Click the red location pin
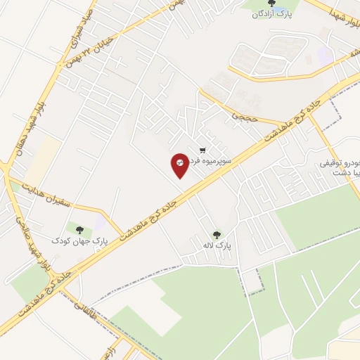click(180, 165)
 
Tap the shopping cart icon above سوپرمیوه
click(203, 150)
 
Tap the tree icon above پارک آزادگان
click(272, 4)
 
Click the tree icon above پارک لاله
click(216, 235)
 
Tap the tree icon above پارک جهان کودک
click(79, 229)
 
